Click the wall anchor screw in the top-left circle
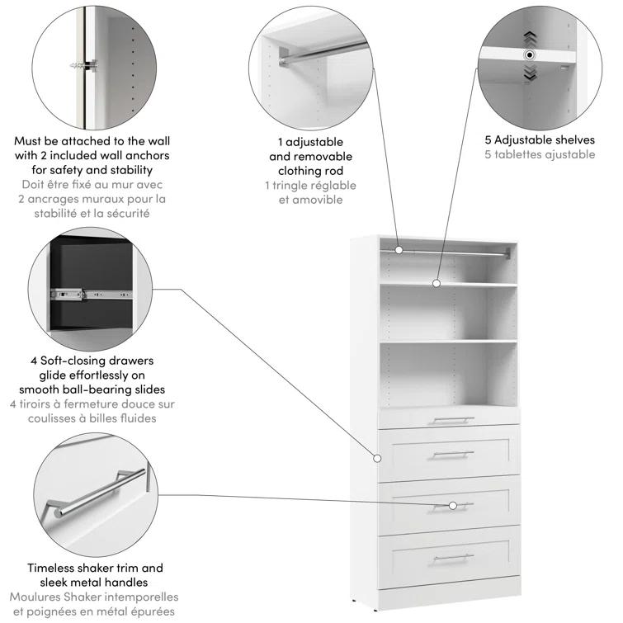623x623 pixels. pos(83,65)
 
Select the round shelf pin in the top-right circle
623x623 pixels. pos(529,54)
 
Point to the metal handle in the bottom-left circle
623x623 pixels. pos(91,493)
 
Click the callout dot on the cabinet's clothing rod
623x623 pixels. pos(399,249)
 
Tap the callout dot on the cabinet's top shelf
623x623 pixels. pos(437,283)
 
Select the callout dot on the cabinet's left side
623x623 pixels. pos(377,457)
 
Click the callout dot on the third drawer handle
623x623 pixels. pos(452,505)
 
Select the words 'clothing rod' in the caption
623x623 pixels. pos(310,171)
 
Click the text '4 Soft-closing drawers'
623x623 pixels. pos(92,361)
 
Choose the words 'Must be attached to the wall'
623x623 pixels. pos(92,141)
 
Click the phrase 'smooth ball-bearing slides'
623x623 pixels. pos(92,389)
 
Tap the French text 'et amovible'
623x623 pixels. pos(310,201)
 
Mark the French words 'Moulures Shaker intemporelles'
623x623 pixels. pos(93,597)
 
